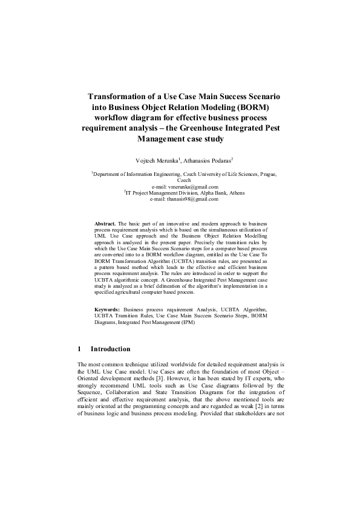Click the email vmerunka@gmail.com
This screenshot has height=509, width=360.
[180, 187]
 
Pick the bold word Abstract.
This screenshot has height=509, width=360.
[106, 224]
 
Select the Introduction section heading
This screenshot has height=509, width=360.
[110, 349]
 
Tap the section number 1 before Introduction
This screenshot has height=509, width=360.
[79, 349]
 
